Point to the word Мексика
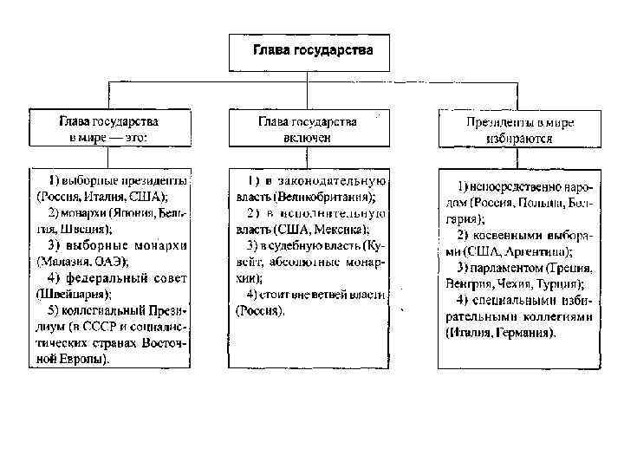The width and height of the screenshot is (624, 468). [x=345, y=230]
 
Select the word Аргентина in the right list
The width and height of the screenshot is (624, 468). [x=538, y=252]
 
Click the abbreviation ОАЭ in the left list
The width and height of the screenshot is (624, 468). [x=112, y=261]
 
